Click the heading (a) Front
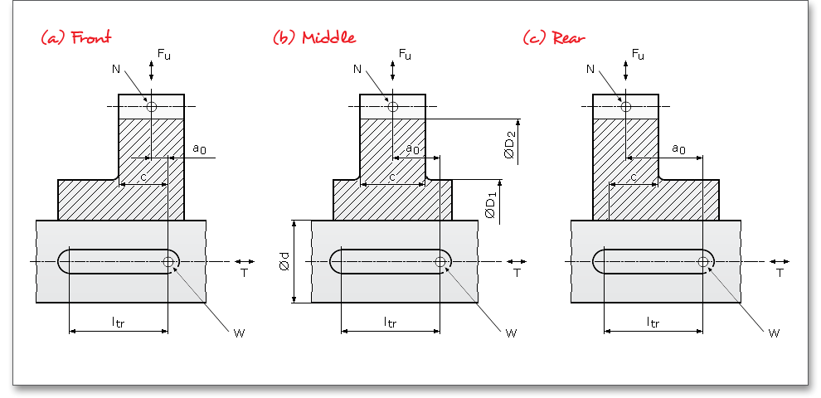pyautogui.click(x=75, y=37)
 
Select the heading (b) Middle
pyautogui.click(x=314, y=37)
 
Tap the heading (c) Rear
pyautogui.click(x=555, y=37)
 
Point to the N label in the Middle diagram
pyautogui.click(x=357, y=70)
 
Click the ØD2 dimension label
pyautogui.click(x=511, y=142)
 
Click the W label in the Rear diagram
pyautogui.click(x=774, y=333)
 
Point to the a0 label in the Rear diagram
pyautogui.click(x=678, y=148)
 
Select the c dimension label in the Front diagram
pyautogui.click(x=143, y=177)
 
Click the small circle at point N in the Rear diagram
pyautogui.click(x=626, y=106)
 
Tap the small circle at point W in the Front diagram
pyautogui.click(x=169, y=262)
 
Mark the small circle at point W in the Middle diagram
pyautogui.click(x=440, y=262)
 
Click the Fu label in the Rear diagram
pyautogui.click(x=638, y=54)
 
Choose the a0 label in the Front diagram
pyautogui.click(x=199, y=148)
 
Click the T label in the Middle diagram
pyautogui.click(x=517, y=272)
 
